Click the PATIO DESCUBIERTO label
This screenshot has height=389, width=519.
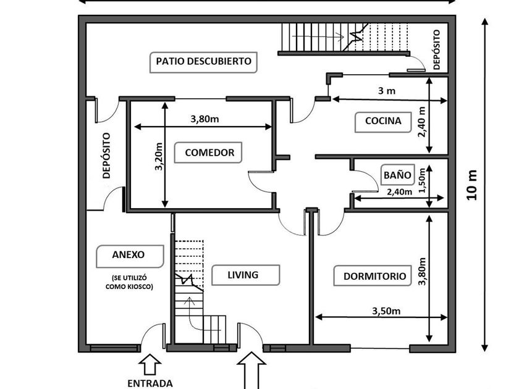[203, 62]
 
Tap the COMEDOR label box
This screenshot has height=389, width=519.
[209, 153]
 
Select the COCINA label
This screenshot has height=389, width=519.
[383, 122]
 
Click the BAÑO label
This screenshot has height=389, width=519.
[397, 175]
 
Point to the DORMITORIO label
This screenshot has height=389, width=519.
[375, 276]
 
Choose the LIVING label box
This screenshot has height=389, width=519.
[243, 275]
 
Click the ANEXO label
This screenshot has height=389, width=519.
[129, 254]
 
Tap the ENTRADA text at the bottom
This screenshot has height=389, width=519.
[150, 383]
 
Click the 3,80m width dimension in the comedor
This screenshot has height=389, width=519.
[204, 119]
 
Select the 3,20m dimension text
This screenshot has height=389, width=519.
[158, 157]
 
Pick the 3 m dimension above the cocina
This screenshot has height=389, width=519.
[386, 91]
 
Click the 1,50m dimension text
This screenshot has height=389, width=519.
[423, 180]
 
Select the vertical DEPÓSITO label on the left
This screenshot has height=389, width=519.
[106, 156]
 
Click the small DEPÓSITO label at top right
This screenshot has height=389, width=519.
[437, 50]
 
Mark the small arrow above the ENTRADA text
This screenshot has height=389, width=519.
[151, 364]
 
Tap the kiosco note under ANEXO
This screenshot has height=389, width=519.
[129, 282]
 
